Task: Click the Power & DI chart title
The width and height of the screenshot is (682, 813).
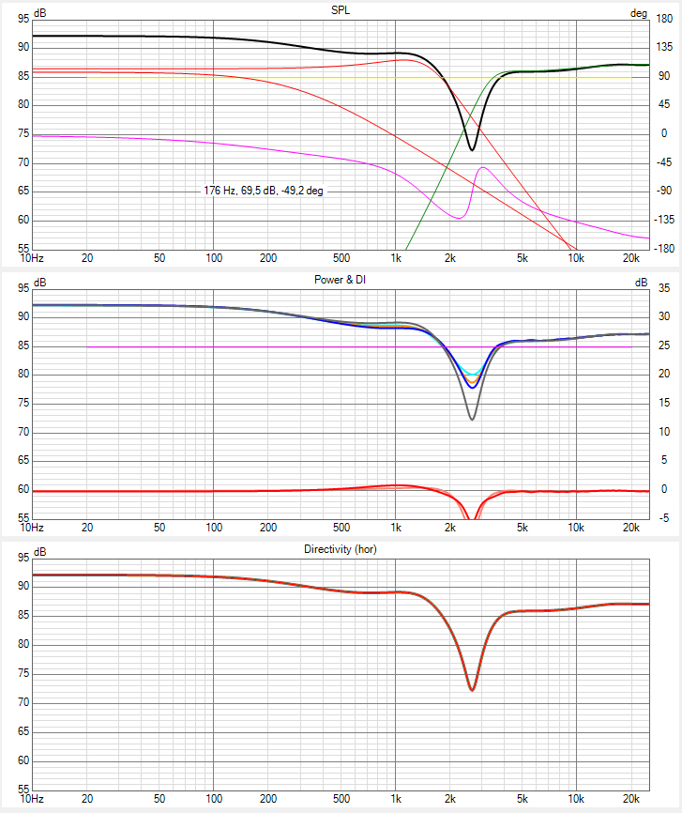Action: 341,279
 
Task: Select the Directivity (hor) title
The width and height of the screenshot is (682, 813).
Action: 341,549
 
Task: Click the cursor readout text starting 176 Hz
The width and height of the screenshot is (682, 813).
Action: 265,191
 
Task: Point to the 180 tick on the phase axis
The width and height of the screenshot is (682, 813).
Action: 664,19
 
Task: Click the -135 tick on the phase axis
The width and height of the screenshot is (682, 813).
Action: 664,220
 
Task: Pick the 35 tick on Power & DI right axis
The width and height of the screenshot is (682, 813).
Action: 664,288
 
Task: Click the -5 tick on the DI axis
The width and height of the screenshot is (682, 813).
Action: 665,517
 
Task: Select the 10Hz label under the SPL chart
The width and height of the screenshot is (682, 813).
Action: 31,258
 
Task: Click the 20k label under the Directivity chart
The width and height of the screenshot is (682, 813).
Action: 631,799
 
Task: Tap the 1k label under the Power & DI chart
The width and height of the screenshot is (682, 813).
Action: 396,529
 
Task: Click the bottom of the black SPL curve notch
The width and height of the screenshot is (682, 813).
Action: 472,149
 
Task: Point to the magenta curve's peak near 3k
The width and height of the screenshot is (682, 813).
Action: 483,168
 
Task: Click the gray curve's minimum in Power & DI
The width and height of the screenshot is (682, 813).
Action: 472,419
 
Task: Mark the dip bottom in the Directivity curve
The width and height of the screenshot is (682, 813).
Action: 472,690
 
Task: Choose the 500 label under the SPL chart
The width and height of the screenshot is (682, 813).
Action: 341,258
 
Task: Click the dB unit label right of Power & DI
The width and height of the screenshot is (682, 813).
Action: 668,282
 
